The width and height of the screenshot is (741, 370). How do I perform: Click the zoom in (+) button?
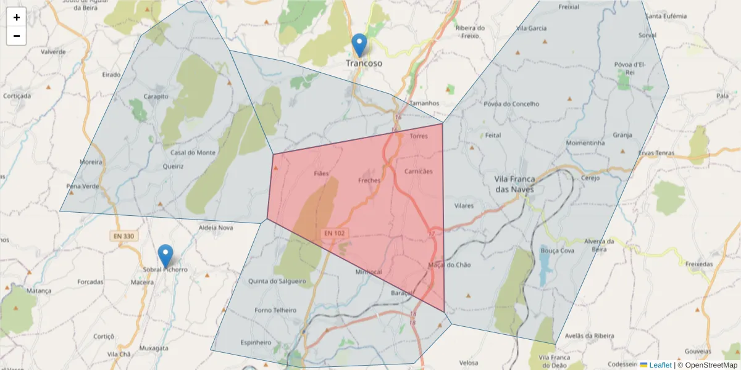(17, 17)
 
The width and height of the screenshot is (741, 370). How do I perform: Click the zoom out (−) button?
(17, 36)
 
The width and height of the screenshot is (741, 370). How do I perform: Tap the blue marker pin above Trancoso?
(359, 45)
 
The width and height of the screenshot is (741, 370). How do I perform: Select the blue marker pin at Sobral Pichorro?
(165, 255)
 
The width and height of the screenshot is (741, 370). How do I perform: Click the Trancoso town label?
(364, 64)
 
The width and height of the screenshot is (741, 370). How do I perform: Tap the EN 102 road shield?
(334, 234)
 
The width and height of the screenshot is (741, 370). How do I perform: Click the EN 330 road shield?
(124, 236)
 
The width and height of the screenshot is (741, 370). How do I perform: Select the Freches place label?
(369, 181)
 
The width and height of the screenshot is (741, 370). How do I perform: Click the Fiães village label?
(321, 173)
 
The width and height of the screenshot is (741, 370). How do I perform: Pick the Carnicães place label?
(419, 171)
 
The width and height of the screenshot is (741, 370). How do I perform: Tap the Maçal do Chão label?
(449, 265)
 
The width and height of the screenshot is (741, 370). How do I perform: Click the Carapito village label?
(156, 97)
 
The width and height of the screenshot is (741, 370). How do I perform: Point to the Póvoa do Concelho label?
(512, 104)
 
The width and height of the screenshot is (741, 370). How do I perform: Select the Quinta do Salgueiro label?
(277, 282)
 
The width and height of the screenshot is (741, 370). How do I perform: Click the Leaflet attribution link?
(659, 365)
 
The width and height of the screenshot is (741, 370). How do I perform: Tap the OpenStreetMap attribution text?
(707, 365)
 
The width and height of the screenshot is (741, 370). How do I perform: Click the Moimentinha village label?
(585, 143)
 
